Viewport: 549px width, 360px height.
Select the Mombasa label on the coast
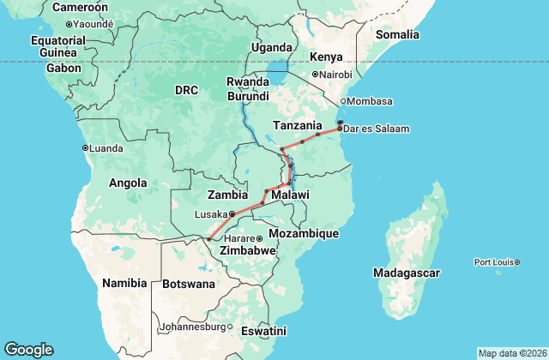click(372, 101)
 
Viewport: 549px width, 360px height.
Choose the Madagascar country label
click(407, 273)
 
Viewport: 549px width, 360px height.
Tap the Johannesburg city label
click(195, 327)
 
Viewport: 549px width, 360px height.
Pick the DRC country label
click(186, 90)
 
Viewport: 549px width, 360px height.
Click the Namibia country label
click(125, 282)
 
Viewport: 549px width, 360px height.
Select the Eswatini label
click(263, 330)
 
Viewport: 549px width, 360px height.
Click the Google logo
click(28, 350)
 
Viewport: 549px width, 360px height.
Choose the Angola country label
click(129, 183)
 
